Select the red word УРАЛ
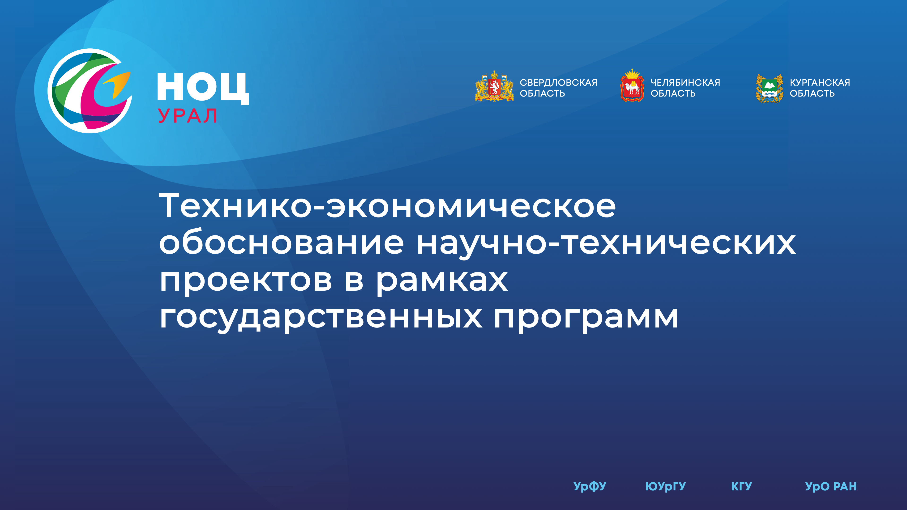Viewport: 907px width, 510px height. click(x=187, y=116)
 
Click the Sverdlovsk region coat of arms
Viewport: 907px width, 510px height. click(x=494, y=87)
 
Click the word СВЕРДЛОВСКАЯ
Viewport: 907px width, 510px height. click(x=558, y=82)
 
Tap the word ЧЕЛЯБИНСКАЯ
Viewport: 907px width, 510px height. click(x=685, y=82)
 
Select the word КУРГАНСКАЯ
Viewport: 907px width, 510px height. click(x=820, y=82)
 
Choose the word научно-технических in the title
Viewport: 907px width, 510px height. click(x=606, y=244)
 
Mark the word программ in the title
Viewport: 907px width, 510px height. click(x=586, y=319)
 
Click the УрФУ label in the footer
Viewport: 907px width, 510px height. click(x=590, y=486)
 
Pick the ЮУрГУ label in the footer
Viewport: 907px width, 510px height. click(x=665, y=486)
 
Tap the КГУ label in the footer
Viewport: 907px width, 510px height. click(x=741, y=486)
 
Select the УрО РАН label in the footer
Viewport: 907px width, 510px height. click(x=831, y=486)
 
